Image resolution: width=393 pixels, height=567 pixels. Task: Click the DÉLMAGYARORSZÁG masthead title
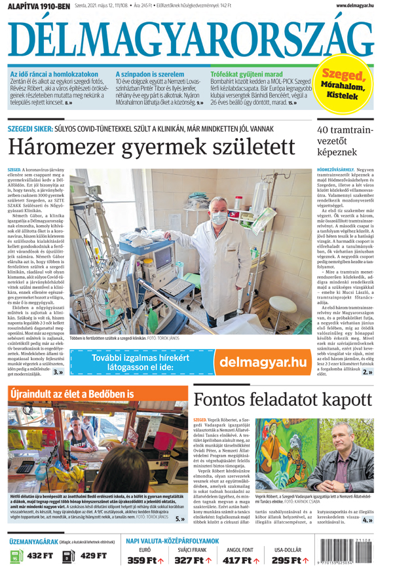tap(196, 39)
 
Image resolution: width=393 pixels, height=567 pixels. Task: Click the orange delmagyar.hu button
tap(262, 362)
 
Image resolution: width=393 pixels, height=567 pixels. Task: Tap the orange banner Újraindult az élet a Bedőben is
tap(72, 394)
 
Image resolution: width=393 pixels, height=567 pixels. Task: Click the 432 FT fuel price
tap(39, 556)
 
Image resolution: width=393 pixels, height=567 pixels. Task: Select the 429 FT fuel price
tap(92, 556)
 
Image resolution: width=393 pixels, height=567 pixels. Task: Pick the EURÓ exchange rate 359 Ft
tap(145, 560)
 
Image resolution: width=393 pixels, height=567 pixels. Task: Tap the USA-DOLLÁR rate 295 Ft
tap(290, 560)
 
